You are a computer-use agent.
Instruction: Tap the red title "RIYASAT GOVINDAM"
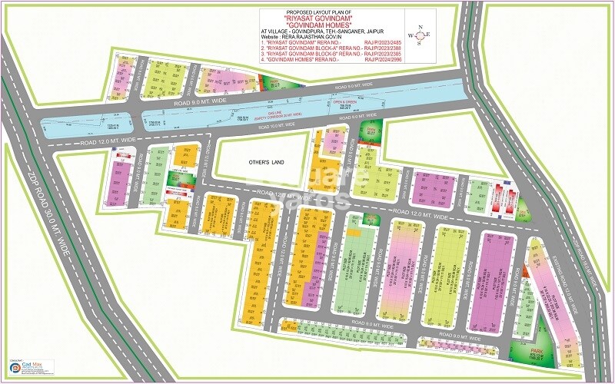click(317, 18)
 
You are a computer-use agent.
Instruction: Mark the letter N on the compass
click(419, 27)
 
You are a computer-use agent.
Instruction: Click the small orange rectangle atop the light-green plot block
click(353, 231)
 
